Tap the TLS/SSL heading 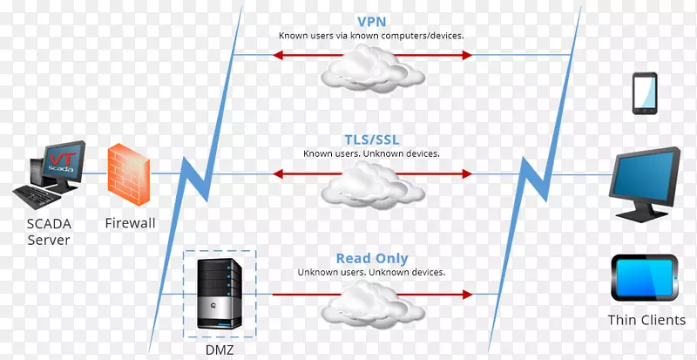[x=371, y=139]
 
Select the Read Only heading [x=371, y=258]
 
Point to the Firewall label [x=129, y=223]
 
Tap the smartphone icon [x=646, y=92]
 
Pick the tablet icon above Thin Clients [x=646, y=278]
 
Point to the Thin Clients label [x=646, y=320]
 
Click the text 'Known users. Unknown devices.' [x=371, y=153]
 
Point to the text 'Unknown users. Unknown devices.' [x=371, y=272]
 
